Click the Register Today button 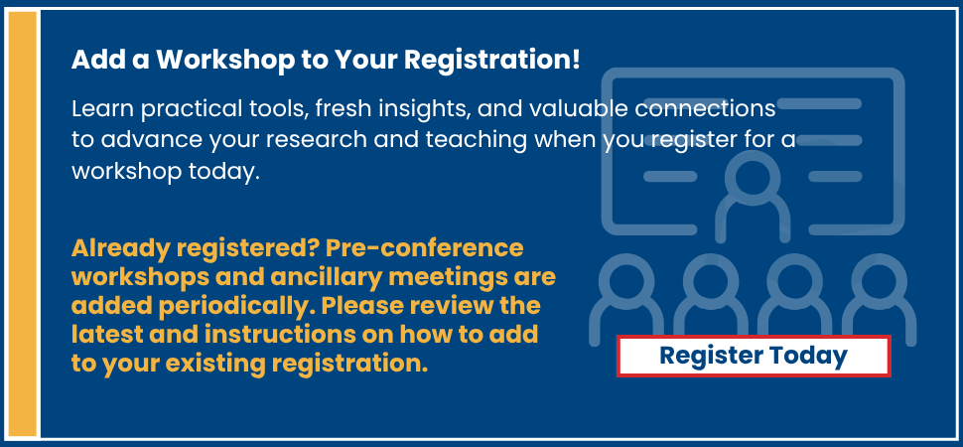(x=753, y=356)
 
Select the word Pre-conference (x=425, y=248)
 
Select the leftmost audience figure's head (x=625, y=280)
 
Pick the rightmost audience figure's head (x=879, y=280)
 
